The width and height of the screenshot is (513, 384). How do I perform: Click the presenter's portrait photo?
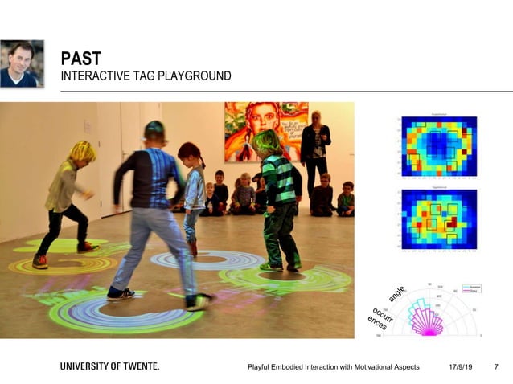pos(23,63)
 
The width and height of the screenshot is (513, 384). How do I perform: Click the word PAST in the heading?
pos(80,59)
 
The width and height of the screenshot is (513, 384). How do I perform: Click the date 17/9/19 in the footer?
pos(460,367)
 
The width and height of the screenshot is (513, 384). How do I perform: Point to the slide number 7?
pos(495,367)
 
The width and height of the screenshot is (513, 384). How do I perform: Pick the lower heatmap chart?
pos(438,220)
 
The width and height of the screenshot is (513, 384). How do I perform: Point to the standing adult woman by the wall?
pos(315,153)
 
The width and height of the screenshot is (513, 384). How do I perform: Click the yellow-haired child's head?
pos(82,150)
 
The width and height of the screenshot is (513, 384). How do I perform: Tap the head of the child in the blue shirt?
pos(154,131)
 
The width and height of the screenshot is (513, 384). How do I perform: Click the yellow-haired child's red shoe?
pos(39,260)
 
